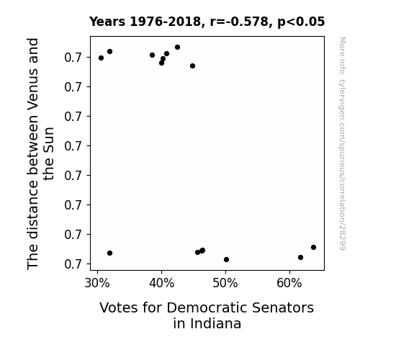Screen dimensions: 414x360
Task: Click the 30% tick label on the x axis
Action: coord(97,283)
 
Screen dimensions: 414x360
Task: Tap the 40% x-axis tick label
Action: coord(161,283)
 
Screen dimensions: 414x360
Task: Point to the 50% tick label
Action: coord(225,283)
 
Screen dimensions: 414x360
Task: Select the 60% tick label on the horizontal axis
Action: coord(289,283)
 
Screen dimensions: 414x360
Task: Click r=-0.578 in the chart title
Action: coord(239,22)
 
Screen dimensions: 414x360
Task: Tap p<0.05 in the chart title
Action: coord(301,22)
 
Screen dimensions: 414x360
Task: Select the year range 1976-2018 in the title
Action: coord(166,22)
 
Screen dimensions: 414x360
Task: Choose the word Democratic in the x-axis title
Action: coord(207,307)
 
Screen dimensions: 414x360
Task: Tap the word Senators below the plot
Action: coord(283,307)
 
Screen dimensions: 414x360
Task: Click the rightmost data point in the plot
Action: coord(313,247)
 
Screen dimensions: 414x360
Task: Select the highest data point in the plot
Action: coord(177,47)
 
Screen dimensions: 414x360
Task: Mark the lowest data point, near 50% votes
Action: coord(226,259)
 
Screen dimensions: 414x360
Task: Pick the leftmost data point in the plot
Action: coord(101,58)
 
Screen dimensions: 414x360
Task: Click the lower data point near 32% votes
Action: coord(110,253)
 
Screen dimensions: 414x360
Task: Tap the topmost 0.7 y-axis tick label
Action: coord(73,58)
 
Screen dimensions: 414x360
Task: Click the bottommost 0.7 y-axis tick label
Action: coord(73,264)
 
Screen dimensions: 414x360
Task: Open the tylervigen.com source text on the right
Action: coord(342,143)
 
